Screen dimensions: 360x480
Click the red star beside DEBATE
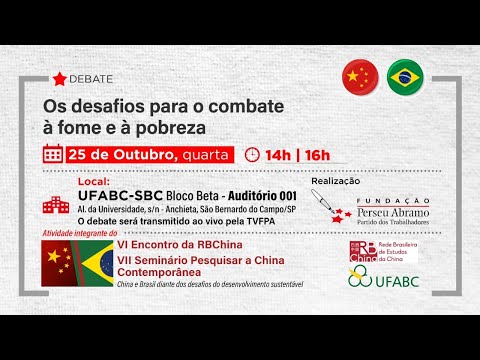click(60, 78)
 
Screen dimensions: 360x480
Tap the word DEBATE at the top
click(93, 78)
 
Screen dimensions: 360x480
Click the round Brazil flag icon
click(405, 75)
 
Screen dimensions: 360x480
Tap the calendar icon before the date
click(53, 155)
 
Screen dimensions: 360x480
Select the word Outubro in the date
click(138, 155)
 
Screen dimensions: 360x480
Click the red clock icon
click(251, 155)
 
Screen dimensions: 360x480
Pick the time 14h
click(280, 155)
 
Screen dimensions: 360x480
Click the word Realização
click(338, 181)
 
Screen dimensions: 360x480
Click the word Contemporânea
click(166, 272)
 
